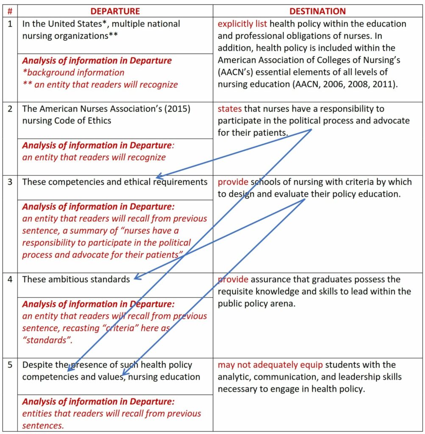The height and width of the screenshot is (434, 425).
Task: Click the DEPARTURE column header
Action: [x=115, y=11]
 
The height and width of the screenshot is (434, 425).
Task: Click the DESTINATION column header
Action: [x=317, y=11]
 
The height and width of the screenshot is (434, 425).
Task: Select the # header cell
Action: [x=10, y=11]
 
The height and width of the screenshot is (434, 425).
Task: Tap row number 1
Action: [x=10, y=24]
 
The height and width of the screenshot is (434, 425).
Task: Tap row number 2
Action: [x=10, y=109]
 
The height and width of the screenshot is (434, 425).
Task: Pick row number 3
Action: [x=10, y=182]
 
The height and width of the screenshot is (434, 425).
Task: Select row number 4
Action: [x=10, y=279]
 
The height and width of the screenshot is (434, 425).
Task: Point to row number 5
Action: [x=10, y=365]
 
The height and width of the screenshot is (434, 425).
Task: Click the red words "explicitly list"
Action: [x=242, y=24]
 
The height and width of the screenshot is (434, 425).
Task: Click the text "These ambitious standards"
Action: [x=76, y=279]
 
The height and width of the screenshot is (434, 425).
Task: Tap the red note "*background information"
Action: [x=73, y=72]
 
